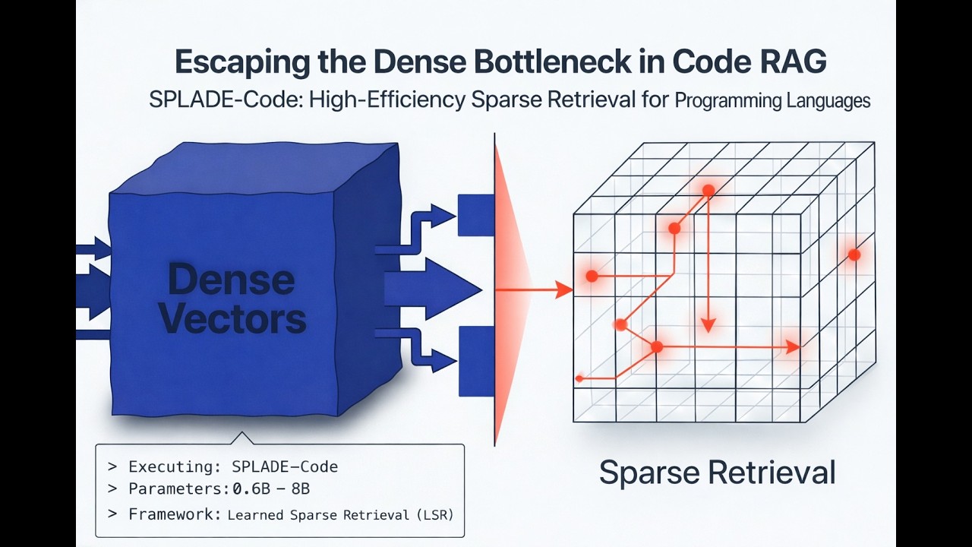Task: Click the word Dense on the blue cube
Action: click(x=231, y=280)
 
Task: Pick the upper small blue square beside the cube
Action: click(x=477, y=215)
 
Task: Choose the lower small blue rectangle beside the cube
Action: click(x=477, y=360)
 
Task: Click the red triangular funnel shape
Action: click(x=509, y=289)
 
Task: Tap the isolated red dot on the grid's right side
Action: click(x=854, y=255)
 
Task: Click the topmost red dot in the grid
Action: click(x=708, y=191)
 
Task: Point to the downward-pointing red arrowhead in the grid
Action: click(x=708, y=324)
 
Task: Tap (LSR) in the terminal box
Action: click(x=434, y=514)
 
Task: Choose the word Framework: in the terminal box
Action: click(x=174, y=514)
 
